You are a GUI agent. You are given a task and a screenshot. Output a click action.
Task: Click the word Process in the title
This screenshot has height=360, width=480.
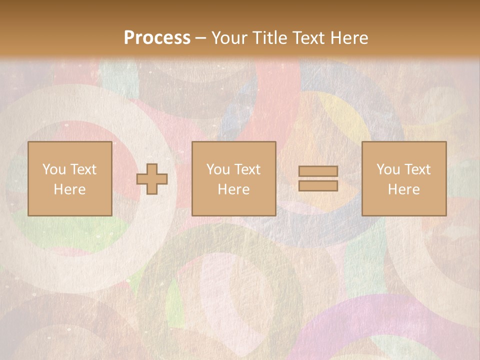click(x=157, y=38)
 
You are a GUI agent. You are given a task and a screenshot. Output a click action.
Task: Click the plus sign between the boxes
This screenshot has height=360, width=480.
click(x=152, y=178)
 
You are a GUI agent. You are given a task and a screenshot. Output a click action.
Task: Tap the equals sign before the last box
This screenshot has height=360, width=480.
click(x=318, y=178)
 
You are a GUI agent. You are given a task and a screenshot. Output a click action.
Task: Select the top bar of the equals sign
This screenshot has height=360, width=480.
click(x=318, y=171)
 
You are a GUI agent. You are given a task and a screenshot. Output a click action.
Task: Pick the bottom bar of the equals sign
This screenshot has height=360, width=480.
click(x=318, y=185)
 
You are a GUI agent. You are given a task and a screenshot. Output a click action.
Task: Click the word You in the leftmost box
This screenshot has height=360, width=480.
click(x=53, y=169)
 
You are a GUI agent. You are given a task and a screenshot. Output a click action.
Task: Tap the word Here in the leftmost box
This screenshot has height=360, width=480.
click(x=70, y=189)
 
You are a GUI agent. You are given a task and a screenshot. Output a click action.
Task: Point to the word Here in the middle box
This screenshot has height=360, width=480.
click(x=234, y=189)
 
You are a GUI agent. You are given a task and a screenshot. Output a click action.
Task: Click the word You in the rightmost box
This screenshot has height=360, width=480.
click(x=387, y=169)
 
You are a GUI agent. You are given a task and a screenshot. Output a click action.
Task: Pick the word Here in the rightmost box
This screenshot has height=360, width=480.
click(x=404, y=189)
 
